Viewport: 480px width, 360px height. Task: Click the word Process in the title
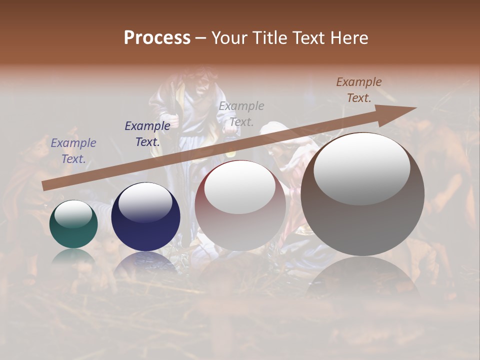[x=157, y=38]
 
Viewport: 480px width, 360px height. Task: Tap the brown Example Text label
[x=359, y=90]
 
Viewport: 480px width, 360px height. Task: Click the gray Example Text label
[x=241, y=113]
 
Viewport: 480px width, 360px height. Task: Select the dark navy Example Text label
[x=147, y=134]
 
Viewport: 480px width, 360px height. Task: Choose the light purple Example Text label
[x=73, y=151]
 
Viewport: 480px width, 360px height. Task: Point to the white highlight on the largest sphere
[x=362, y=167]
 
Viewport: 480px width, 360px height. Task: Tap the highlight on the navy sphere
[x=145, y=202]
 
